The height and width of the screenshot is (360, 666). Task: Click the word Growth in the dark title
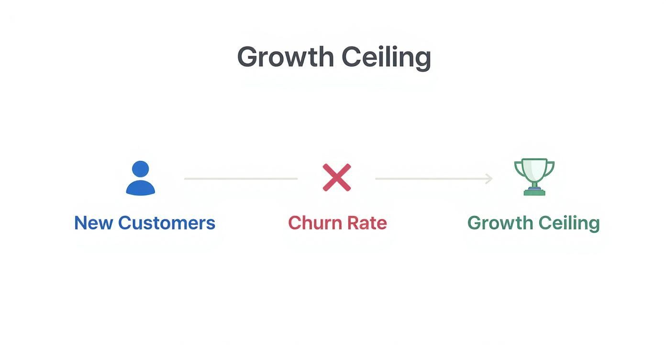(285, 57)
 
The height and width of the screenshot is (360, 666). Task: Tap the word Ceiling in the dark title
(386, 58)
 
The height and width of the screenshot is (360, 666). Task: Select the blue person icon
(140, 178)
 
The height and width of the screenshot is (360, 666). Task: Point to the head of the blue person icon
(140, 169)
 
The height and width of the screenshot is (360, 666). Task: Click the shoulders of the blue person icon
(140, 188)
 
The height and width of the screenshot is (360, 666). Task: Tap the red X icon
(337, 178)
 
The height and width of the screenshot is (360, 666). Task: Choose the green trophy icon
(534, 177)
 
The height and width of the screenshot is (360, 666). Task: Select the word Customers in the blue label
(166, 223)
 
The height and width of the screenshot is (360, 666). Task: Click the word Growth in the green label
(499, 223)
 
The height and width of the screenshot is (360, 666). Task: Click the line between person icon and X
(241, 179)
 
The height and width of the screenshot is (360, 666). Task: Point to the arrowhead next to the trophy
(489, 179)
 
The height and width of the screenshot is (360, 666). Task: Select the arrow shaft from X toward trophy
(431, 179)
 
